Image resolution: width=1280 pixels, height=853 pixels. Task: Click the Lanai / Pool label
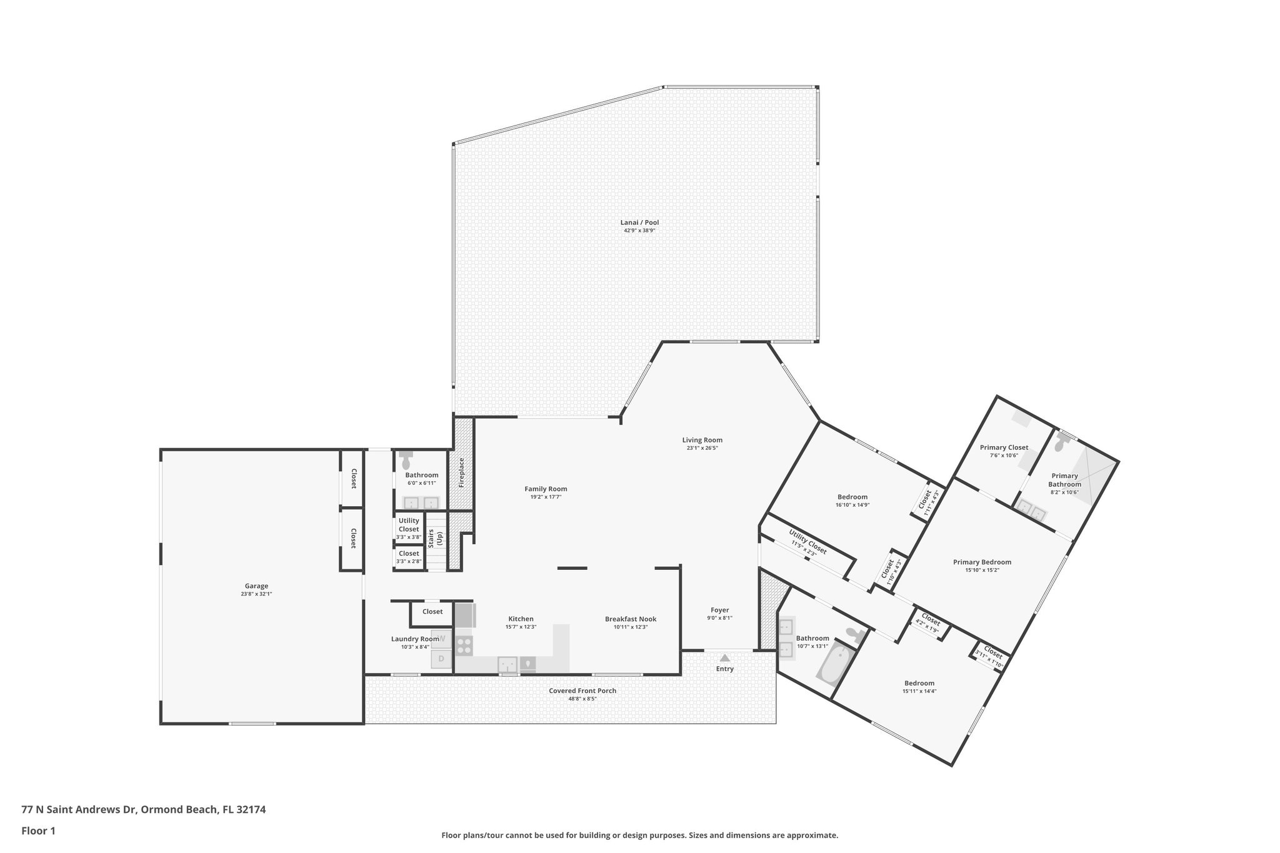pos(639,222)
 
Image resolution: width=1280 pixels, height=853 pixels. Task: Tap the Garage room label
pos(256,586)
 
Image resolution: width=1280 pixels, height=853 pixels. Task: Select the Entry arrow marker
pos(724,658)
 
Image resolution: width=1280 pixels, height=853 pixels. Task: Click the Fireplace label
pos(462,472)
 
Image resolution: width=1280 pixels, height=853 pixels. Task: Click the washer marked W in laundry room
pos(442,639)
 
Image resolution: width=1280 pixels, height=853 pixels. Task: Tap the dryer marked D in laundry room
pos(441,659)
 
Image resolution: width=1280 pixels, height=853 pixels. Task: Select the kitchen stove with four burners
pos(464,645)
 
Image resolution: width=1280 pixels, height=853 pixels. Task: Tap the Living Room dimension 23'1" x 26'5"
pos(702,448)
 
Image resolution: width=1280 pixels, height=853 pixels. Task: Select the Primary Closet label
pos(1004,447)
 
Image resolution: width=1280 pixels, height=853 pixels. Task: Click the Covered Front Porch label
pos(582,691)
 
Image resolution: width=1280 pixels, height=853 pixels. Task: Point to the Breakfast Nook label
pos(631,619)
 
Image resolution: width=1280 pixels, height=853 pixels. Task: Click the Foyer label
pos(719,610)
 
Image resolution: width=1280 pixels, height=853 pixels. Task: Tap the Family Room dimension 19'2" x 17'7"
pos(546,497)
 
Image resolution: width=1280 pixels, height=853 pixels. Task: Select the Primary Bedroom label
pos(982,562)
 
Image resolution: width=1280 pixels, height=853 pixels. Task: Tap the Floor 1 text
pos(38,831)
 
